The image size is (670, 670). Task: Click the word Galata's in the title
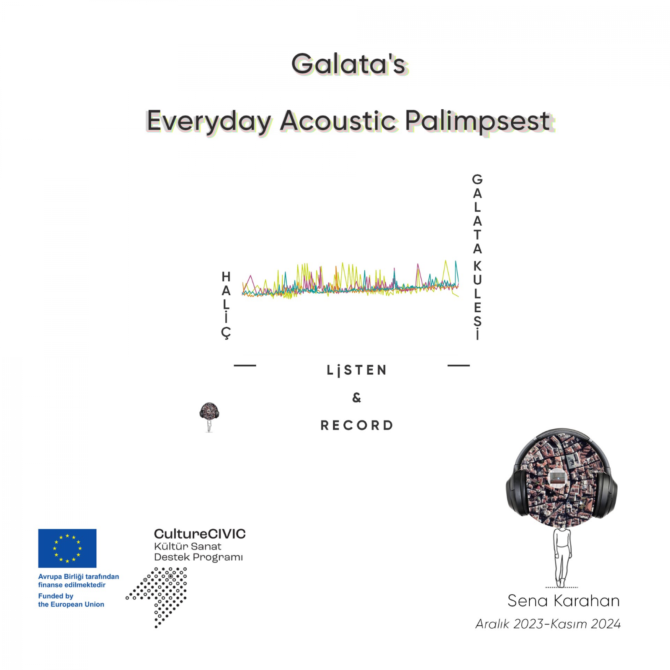[349, 64]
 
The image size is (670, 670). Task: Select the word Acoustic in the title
[338, 121]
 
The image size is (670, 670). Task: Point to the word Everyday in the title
[209, 122]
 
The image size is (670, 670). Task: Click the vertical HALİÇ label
[226, 305]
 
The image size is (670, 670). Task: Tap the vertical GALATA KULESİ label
[477, 257]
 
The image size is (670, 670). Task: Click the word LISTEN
[357, 370]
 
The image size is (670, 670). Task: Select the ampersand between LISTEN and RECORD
[357, 397]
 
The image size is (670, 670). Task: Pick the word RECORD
[357, 425]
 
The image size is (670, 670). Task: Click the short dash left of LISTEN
[245, 366]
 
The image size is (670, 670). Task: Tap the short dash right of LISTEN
[459, 366]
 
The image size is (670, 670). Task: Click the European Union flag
[67, 548]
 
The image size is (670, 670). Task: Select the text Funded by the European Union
[71, 600]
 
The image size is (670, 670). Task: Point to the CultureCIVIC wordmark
[200, 534]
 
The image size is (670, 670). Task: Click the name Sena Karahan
[563, 601]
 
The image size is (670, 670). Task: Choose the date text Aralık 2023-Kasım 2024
[548, 624]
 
